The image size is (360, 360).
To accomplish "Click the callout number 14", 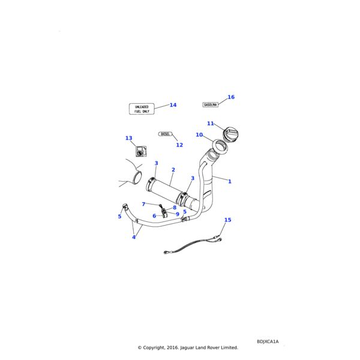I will tap(173, 105).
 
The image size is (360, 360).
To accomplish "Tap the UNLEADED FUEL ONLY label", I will tap(142, 109).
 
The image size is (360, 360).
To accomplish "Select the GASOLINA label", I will tap(210, 104).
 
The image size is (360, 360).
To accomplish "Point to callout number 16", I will tap(231, 97).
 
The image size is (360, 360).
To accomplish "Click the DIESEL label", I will tap(166, 134).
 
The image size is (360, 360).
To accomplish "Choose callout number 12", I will tap(179, 145).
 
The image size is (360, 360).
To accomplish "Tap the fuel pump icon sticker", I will tap(140, 152).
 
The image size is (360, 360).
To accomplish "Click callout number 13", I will tap(128, 139).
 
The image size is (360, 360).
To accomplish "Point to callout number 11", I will tap(211, 124).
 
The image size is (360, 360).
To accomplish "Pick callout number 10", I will tap(199, 135).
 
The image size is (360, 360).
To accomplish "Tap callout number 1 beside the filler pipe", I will tap(229, 181).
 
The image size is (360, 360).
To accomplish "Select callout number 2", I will tap(173, 170).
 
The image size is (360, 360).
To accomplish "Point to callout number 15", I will tap(227, 220).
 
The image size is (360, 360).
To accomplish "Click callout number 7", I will tap(143, 204).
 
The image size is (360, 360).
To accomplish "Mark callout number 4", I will tap(134, 237).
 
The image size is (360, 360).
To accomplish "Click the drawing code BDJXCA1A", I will tap(268, 341).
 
